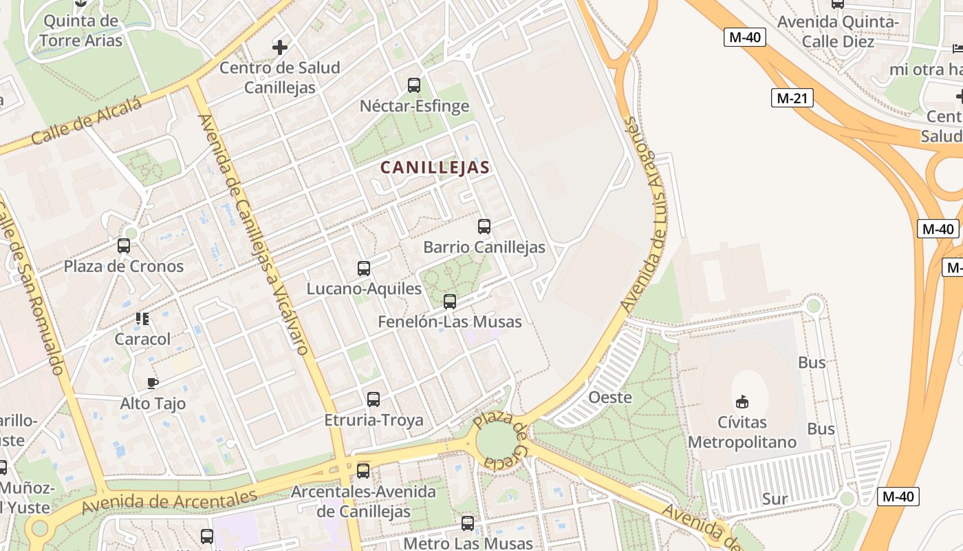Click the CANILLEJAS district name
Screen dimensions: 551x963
pos(435,167)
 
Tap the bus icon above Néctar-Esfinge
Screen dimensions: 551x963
pos(414,85)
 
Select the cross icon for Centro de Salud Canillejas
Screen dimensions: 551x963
pos(279,48)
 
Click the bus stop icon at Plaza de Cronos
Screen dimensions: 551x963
pos(124,246)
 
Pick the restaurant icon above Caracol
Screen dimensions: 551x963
pos(142,318)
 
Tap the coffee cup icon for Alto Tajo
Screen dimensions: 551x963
pos(153,383)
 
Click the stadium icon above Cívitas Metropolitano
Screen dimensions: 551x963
pos(742,402)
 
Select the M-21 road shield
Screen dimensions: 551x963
pos(792,98)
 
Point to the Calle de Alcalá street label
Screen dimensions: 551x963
pos(86,122)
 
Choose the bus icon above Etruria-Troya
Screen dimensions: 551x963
pos(374,399)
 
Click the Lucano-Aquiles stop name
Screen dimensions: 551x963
pos(364,289)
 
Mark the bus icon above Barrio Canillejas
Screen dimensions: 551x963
pos(484,227)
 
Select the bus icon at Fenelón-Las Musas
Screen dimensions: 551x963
pos(450,302)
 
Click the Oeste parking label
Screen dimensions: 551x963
pos(610,397)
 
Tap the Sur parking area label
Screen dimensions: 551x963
pos(775,499)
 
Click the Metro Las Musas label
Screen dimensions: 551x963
pos(468,543)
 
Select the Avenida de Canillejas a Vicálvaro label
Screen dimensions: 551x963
pos(253,234)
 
